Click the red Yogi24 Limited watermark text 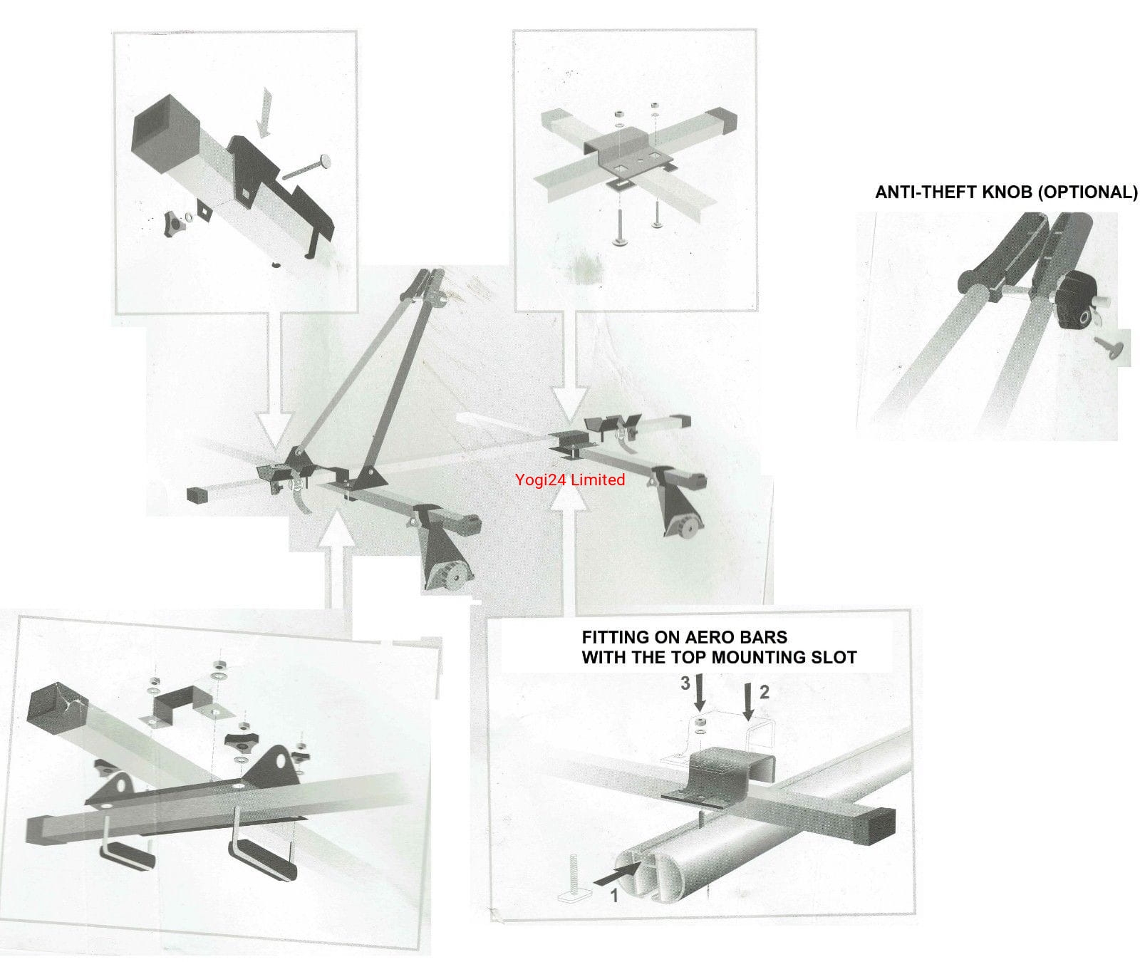569,480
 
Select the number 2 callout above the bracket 764,691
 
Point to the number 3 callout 685,683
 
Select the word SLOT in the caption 835,657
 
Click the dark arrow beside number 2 748,701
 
